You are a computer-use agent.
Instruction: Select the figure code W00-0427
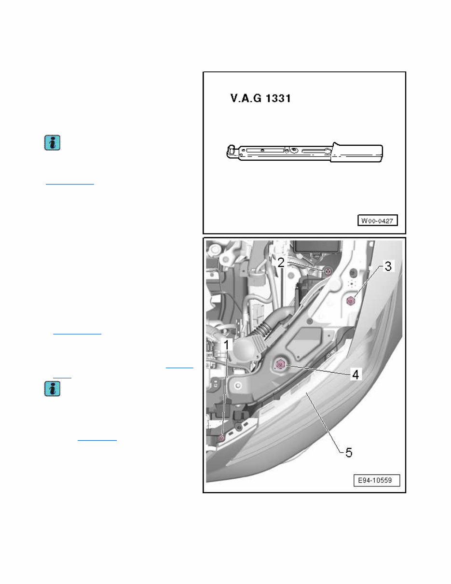(377, 221)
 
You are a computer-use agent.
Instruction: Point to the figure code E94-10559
(379, 481)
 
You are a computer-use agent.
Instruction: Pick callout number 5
(348, 452)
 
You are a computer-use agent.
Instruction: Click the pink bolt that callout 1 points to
(222, 438)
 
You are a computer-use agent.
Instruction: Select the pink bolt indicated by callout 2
(328, 271)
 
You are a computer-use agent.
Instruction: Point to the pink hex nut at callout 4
(281, 364)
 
